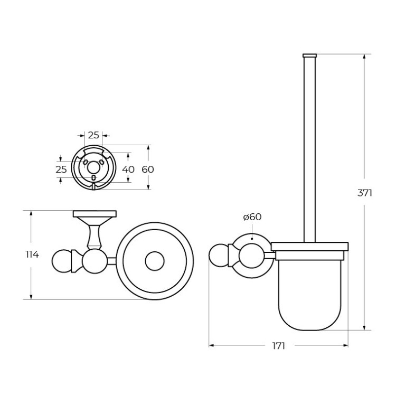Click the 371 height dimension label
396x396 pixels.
(365, 193)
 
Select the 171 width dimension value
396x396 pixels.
(278, 346)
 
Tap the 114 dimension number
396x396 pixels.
(32, 254)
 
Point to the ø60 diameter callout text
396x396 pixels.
(252, 216)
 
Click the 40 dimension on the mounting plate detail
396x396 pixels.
(128, 169)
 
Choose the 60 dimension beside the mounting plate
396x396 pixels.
(148, 169)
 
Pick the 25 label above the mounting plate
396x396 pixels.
(93, 135)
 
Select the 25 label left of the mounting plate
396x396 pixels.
(61, 169)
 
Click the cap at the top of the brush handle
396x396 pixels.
(309, 55)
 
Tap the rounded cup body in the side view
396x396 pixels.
(309, 296)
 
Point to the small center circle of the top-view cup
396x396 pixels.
(155, 261)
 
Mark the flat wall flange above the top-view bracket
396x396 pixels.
(95, 214)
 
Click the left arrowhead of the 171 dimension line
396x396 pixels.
(212, 346)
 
